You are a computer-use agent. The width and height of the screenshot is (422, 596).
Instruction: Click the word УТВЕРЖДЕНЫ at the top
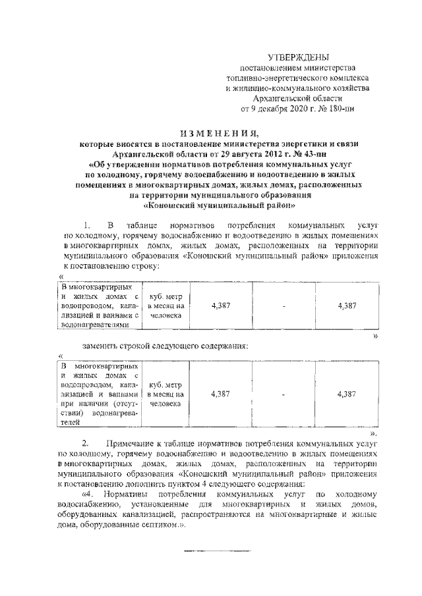click(300, 59)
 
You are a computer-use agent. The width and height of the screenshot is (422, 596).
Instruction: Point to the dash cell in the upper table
click(283, 306)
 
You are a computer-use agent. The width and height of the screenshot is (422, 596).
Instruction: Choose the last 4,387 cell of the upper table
click(347, 306)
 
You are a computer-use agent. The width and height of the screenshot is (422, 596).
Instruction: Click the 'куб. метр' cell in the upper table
click(166, 306)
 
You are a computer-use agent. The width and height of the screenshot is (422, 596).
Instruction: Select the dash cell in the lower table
click(283, 393)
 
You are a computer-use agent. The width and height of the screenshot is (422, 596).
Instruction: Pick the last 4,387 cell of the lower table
click(347, 393)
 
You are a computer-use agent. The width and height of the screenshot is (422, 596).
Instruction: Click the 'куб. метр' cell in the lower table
click(166, 393)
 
